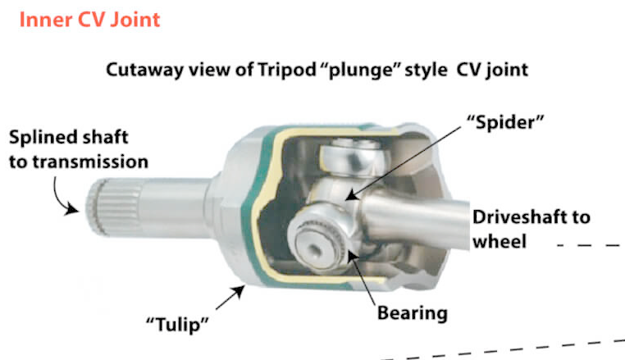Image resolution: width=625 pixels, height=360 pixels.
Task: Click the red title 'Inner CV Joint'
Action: pos(89,20)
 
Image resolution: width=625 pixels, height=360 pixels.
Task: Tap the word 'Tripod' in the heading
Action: pos(287,70)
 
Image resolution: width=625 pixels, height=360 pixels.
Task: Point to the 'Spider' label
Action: pos(505,122)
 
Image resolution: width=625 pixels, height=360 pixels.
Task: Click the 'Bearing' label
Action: pos(413,313)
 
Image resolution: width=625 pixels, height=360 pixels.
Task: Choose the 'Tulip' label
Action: pos(177,324)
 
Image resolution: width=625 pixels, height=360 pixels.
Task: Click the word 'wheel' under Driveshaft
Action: pos(500,242)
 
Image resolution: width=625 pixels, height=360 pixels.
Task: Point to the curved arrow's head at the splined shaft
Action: pos(72,208)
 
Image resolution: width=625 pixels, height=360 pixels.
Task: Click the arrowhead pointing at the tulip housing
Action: pos(239,291)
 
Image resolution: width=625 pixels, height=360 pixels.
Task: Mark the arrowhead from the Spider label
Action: pos(351,195)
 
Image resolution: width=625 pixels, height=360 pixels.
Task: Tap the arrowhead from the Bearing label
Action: pos(351,256)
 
